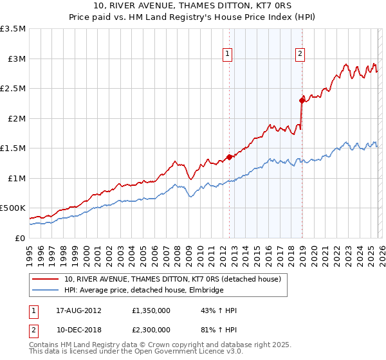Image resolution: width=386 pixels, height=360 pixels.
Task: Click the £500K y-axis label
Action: pyautogui.click(x=13, y=208)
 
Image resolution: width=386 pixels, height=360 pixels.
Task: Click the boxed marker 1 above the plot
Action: pyautogui.click(x=228, y=55)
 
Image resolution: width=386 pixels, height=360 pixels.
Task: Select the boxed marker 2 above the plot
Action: pyautogui.click(x=300, y=55)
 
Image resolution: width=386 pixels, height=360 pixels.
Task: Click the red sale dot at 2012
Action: pyautogui.click(x=229, y=157)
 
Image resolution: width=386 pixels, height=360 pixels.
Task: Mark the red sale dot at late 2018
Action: pyautogui.click(x=301, y=100)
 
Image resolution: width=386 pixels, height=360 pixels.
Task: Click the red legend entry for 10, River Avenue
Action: pyautogui.click(x=172, y=280)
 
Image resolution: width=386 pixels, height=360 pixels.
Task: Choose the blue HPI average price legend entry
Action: pyautogui.click(x=143, y=291)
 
